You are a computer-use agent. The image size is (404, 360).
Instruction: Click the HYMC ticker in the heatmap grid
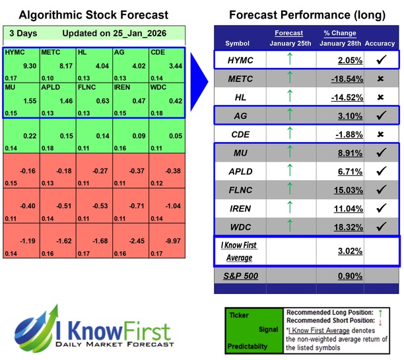click(16, 52)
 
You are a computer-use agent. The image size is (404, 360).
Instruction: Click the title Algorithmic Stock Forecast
click(93, 15)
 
